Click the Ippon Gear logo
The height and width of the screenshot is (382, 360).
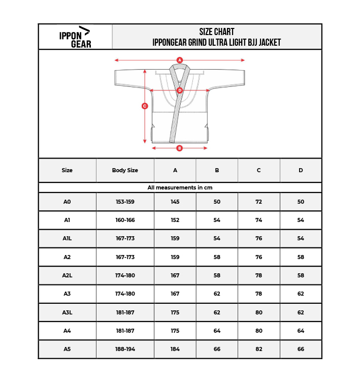[75, 37]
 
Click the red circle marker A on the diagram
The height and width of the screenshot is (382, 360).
[179, 60]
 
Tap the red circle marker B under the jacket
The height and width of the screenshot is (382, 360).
[179, 148]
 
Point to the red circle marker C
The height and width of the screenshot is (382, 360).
[145, 106]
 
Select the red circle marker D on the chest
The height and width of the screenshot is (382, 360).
[180, 90]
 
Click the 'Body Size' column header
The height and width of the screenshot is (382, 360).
[125, 170]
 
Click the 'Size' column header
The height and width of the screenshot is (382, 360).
[67, 170]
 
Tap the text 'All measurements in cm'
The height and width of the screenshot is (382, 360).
[180, 187]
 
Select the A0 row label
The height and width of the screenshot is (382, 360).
[67, 202]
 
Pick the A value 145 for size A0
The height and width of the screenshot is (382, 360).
[175, 202]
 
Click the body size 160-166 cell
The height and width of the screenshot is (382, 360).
[125, 220]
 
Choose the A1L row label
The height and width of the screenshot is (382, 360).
[67, 238]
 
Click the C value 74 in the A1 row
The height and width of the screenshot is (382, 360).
[258, 220]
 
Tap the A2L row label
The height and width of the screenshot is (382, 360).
[67, 275]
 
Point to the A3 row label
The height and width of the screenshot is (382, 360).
[67, 294]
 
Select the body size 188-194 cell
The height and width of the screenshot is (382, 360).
[125, 349]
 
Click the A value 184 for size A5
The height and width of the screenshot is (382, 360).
[175, 349]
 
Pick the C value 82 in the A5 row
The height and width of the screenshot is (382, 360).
[258, 349]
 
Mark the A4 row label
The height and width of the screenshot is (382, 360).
[67, 331]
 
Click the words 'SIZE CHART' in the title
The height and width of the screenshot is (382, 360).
[217, 32]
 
